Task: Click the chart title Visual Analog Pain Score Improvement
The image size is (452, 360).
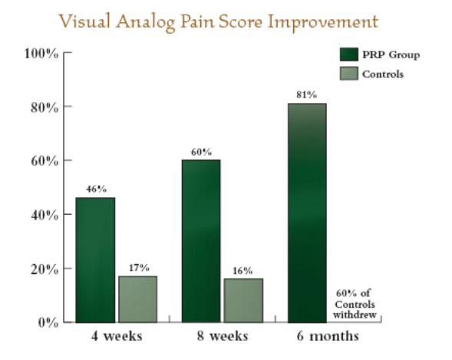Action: point(219,22)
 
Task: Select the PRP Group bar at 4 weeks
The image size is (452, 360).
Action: point(95,260)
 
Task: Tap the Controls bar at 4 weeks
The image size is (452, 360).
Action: point(138,299)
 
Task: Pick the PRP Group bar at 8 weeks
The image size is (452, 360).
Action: point(201,241)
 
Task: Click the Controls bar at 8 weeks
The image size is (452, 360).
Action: point(243,300)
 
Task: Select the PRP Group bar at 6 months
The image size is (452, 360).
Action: point(307,213)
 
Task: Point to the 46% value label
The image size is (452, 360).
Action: point(96,189)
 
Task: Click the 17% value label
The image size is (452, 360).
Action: point(139,268)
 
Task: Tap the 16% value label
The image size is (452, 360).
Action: point(242,271)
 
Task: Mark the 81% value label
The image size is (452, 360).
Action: point(307,95)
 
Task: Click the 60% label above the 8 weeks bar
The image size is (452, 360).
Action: point(201,152)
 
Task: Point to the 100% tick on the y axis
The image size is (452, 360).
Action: point(41,54)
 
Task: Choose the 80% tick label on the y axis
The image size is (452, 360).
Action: point(45,107)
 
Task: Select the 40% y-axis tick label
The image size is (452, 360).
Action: point(45,215)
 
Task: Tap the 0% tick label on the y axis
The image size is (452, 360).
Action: point(48,322)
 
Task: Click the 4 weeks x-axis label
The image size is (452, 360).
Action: point(117,336)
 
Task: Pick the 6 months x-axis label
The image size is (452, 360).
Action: point(328,336)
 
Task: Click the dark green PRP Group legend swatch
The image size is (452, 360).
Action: point(349,54)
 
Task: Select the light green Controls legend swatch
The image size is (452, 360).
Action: point(349,74)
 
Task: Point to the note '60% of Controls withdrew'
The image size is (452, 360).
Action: point(355,304)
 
